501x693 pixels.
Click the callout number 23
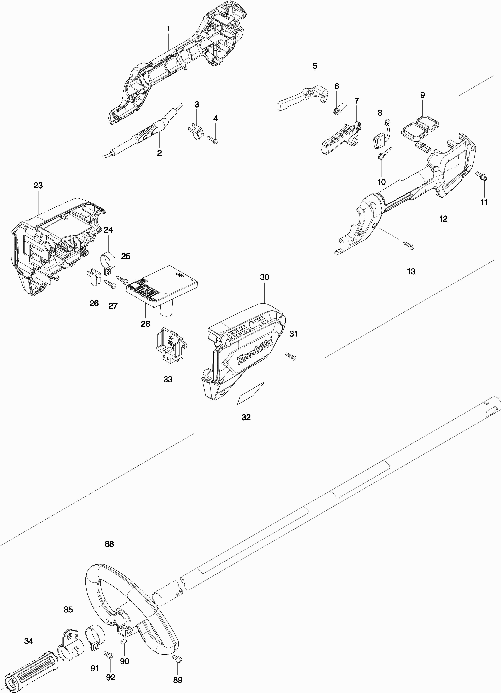point(38,186)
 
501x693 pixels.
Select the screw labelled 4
point(213,139)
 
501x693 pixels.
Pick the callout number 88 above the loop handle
point(109,544)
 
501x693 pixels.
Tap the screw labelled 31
point(291,356)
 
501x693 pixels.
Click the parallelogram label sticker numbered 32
point(250,393)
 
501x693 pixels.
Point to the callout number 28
point(146,324)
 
